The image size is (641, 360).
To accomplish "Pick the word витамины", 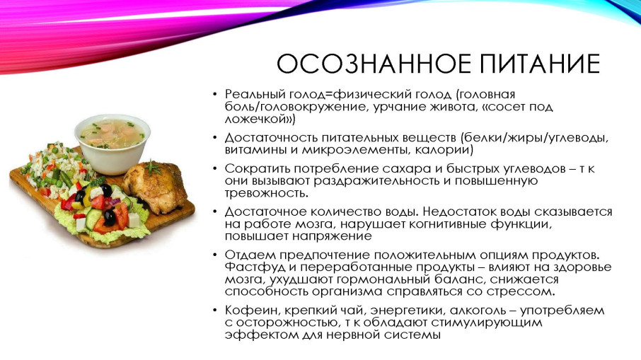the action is pyautogui.click(x=255, y=150).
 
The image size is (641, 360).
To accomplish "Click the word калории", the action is pyautogui.click(x=441, y=150).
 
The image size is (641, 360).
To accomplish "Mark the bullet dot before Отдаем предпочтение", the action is pyautogui.click(x=215, y=255).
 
